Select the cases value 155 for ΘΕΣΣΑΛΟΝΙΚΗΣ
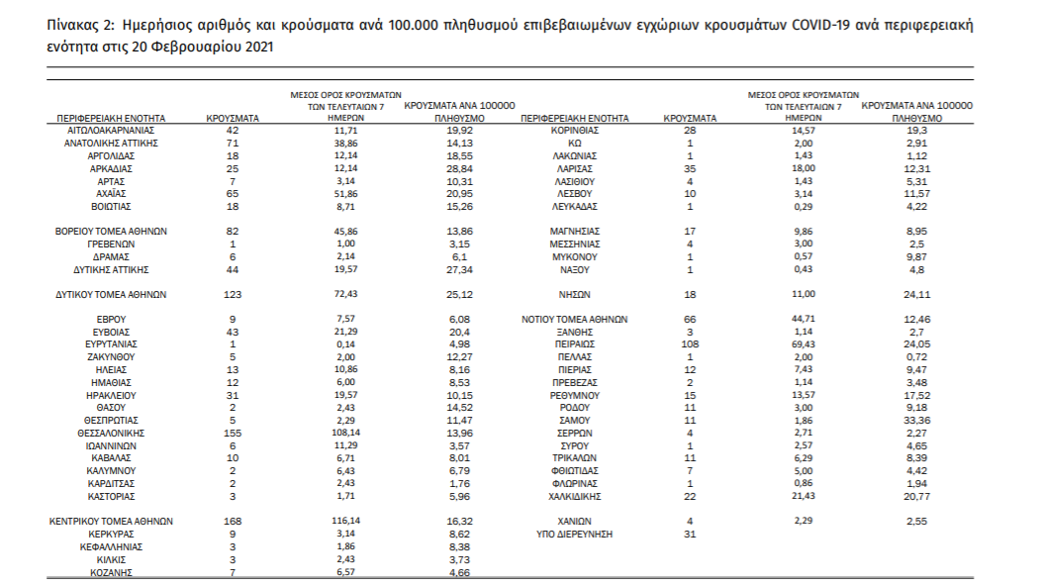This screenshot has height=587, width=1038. click(x=233, y=433)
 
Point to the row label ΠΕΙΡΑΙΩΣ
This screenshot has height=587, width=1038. click(x=574, y=343)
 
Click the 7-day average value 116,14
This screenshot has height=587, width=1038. click(x=344, y=520)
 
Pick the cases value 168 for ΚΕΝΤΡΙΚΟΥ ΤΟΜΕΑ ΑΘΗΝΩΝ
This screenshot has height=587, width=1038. click(x=233, y=520)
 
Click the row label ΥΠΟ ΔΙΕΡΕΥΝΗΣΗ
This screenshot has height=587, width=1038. click(x=575, y=534)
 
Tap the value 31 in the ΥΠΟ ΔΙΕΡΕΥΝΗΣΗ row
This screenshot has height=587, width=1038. click(x=691, y=534)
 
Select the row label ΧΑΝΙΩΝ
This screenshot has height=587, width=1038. click(x=574, y=520)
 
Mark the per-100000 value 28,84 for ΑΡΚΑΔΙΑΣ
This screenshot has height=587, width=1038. click(x=458, y=168)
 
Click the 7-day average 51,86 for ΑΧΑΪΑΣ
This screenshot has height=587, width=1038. click(x=344, y=193)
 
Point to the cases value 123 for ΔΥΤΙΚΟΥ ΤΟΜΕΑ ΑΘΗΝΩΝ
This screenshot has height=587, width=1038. click(x=233, y=294)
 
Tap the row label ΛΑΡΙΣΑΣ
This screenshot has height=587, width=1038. click(x=574, y=168)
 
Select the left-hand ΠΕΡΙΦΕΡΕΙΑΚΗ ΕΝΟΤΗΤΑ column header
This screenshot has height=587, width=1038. click(x=112, y=118)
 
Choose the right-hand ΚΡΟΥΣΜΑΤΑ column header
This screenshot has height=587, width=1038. click(x=691, y=118)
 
